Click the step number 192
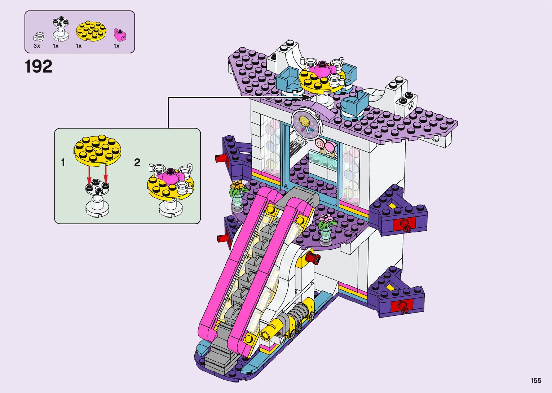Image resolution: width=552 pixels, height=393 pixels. point(39,67)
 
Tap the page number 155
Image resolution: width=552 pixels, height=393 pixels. point(536,380)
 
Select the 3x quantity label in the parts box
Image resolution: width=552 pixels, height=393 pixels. point(37,46)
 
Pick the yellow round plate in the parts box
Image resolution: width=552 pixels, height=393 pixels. point(92,31)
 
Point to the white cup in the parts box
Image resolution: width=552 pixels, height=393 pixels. point(39,36)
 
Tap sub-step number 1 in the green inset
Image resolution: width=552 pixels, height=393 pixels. point(63,163)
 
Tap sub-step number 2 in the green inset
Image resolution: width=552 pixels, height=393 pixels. point(137,163)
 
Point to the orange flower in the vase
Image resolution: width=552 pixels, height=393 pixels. point(237,186)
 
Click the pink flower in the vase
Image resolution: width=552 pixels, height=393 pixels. point(327,218)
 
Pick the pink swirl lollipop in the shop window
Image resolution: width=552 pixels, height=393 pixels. point(319,143)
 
